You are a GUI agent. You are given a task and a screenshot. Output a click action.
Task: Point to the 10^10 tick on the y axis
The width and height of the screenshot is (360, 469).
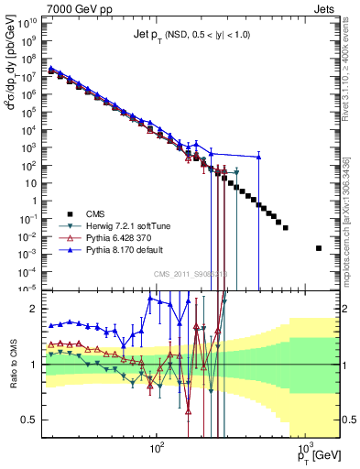[x=32, y=21]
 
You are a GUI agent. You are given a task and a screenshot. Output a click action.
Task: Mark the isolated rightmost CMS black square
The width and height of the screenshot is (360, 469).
[x=319, y=248]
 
